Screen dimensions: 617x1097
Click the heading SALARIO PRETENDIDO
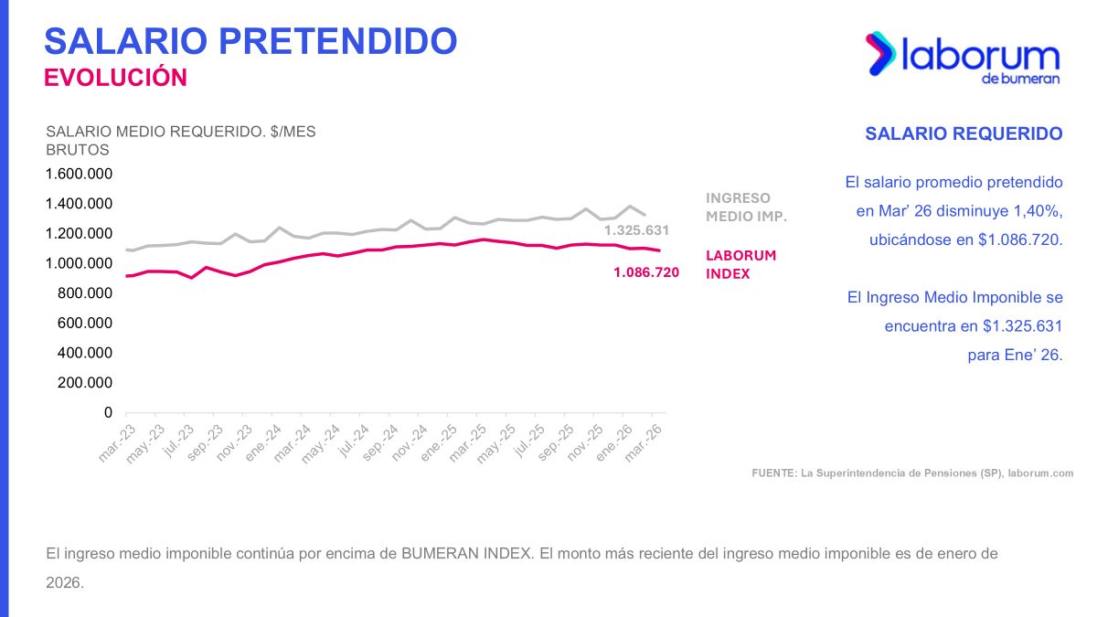pos(250,41)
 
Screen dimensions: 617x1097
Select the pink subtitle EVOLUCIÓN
pos(116,78)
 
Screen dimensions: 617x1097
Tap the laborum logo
pos(962,59)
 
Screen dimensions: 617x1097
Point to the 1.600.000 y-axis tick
pos(79,174)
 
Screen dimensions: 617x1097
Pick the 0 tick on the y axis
pos(107,413)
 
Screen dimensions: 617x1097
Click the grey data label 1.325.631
pos(637,230)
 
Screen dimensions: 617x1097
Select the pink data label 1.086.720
pos(646,271)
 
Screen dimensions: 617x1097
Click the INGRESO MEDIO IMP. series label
pos(746,207)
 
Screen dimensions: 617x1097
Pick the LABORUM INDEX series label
pos(740,264)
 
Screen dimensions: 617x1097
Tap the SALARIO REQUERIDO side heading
pos(964,134)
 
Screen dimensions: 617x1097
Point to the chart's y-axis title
pos(180,140)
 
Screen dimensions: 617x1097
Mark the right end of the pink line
pos(659,250)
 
